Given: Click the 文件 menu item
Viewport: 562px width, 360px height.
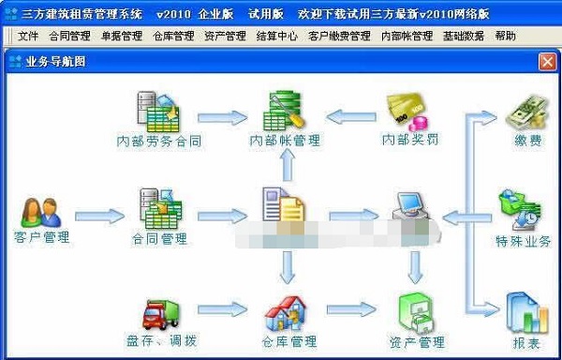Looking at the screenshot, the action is [28, 37].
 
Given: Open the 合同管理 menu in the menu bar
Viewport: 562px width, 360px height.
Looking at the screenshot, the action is [67, 37].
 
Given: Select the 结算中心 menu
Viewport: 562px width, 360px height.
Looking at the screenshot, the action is [277, 37].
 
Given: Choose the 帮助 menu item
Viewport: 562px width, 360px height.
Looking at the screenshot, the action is [505, 37].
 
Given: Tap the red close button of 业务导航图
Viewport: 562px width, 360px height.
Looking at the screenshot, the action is [547, 62].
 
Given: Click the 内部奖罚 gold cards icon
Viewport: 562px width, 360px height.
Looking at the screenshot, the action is [410, 112].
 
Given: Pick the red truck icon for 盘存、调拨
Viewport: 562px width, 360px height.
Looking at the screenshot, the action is [161, 313].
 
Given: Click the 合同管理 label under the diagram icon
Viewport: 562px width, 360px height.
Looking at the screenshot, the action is [161, 239].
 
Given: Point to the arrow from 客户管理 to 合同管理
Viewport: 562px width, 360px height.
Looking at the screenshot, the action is [98, 217].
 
